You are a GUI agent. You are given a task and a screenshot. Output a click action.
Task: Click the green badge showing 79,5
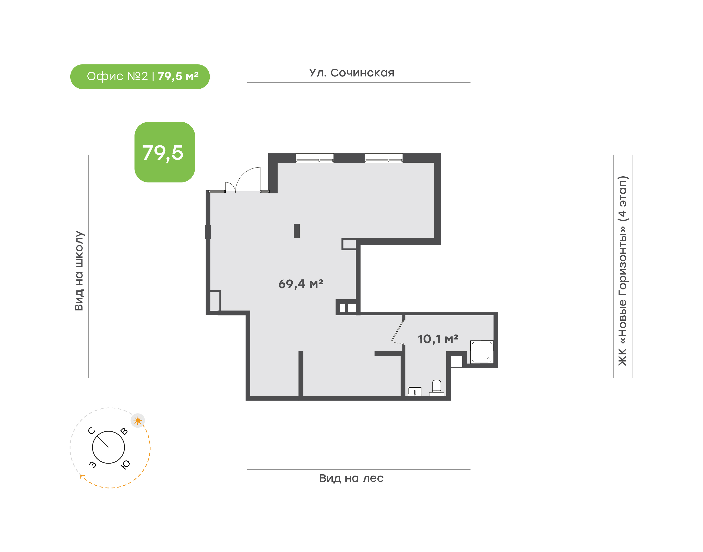click(x=165, y=152)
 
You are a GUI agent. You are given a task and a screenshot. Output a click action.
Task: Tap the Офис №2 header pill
click(x=140, y=77)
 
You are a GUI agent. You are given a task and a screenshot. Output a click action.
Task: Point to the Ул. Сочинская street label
click(x=352, y=73)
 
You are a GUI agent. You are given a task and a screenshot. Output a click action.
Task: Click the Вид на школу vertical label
click(x=79, y=271)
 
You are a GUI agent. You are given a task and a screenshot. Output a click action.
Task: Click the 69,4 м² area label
click(x=301, y=284)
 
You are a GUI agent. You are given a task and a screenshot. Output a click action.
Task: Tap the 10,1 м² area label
click(x=438, y=339)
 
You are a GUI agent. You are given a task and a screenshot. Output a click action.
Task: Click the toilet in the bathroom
click(x=437, y=388)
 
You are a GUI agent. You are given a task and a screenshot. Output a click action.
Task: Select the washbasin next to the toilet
click(x=415, y=391)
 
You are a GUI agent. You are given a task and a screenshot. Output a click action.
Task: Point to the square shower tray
click(x=482, y=352)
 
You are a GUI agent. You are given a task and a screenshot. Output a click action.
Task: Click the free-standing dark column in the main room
click(x=297, y=231)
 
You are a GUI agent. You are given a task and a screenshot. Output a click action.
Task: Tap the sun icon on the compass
click(x=138, y=420)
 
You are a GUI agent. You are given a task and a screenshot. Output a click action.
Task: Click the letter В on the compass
click(x=124, y=431)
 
